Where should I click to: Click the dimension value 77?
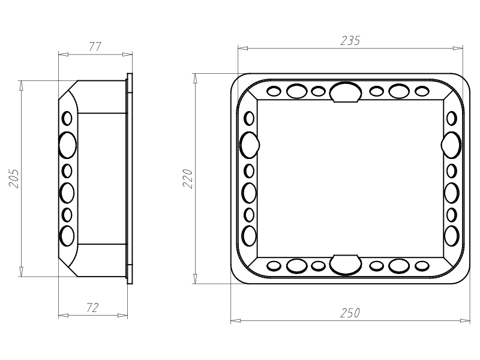tap(95, 47)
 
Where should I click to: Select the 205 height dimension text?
tap(14, 178)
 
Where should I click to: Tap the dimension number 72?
tap(92, 308)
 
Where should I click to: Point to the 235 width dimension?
tap(350, 41)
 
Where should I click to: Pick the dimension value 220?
tap(187, 178)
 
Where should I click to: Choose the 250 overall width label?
tap(350, 313)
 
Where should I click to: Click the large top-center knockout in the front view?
tap(346, 92)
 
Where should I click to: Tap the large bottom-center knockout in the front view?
tap(346, 265)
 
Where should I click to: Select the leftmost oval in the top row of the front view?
tap(274, 91)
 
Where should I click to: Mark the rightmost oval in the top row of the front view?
tap(422, 91)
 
